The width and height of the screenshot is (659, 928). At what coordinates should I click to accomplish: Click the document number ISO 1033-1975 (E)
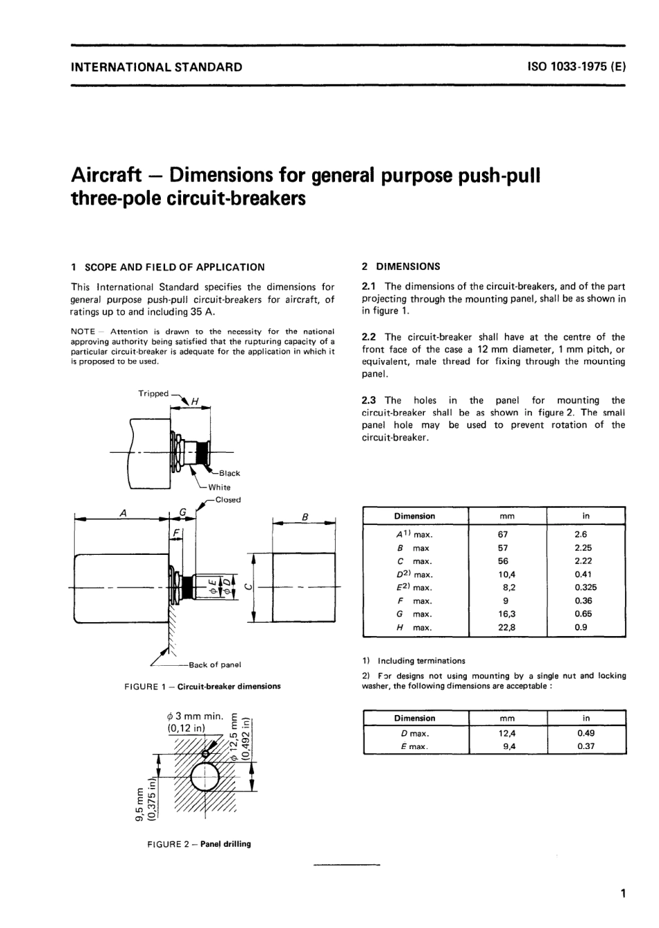576,67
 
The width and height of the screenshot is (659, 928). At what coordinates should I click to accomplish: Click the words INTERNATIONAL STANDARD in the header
157,67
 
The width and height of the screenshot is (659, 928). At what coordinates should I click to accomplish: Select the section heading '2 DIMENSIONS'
401,266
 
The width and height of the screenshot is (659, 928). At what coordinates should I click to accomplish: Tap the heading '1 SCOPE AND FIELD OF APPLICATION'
168,267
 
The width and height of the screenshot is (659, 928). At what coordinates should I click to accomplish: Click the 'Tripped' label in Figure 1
153,393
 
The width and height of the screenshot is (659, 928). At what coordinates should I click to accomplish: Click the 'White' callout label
219,487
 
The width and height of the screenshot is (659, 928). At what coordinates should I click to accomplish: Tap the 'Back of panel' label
214,664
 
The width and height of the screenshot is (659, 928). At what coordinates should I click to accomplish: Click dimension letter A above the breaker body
123,513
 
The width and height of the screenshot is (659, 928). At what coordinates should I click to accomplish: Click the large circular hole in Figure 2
206,777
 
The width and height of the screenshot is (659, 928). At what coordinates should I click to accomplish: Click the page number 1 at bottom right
624,894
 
